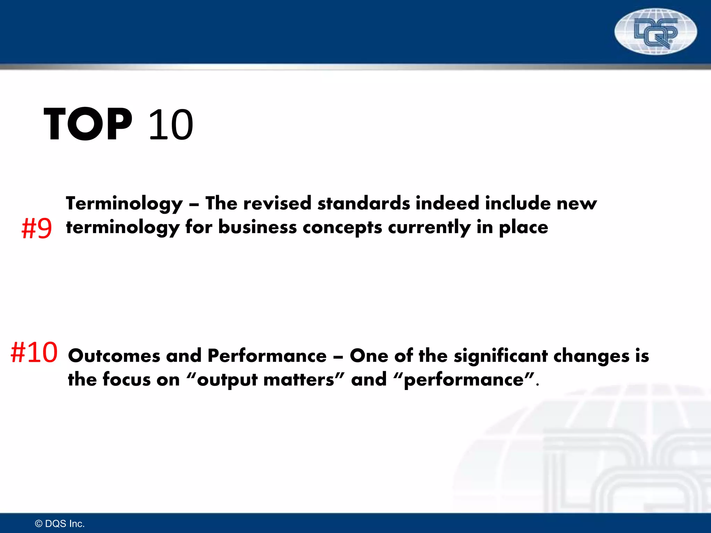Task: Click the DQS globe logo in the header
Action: click(x=655, y=32)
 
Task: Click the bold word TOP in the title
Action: click(x=88, y=124)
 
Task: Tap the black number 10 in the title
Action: click(x=170, y=125)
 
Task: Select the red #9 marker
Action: click(x=37, y=229)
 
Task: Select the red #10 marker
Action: click(x=34, y=353)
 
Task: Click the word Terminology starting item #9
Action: click(x=124, y=204)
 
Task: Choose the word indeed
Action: click(x=447, y=203)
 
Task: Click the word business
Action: click(x=257, y=227)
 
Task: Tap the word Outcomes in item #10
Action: click(x=114, y=356)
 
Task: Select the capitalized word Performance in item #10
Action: click(x=267, y=356)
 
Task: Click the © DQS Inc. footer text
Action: click(x=60, y=524)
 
